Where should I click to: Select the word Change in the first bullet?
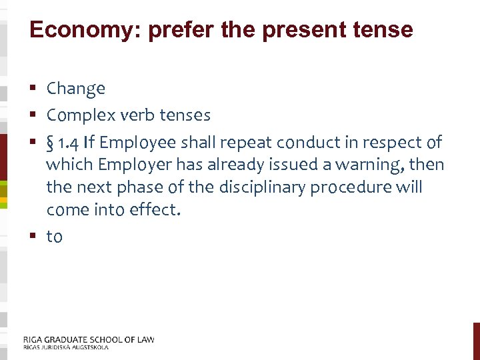pos(76,88)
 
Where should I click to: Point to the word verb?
pos(136,115)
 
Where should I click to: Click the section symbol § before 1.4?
pos(51,143)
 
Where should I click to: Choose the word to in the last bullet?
pos(54,237)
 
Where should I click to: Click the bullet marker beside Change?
pos(33,89)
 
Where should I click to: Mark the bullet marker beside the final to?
pos(33,237)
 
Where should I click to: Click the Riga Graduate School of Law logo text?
pos(89,339)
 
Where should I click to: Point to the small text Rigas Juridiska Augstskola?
pos(65,347)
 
